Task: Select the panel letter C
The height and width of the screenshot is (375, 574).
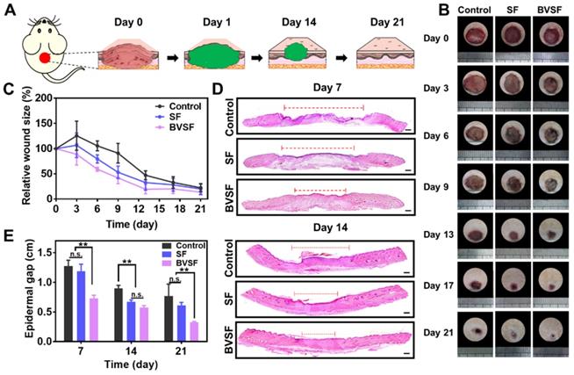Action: tap(7, 89)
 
